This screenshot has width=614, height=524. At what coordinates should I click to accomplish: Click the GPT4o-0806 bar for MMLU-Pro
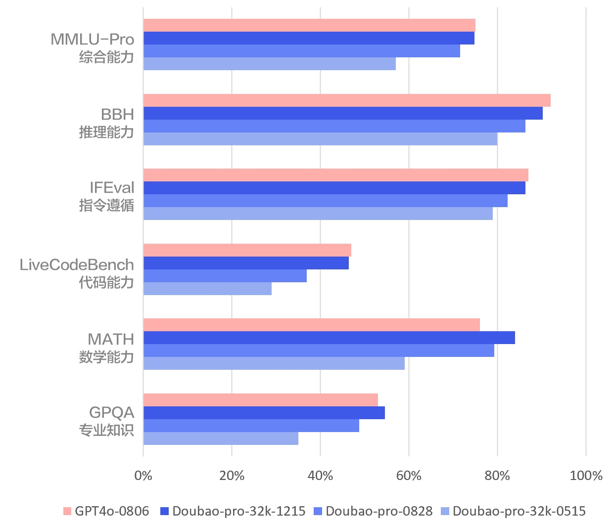click(309, 25)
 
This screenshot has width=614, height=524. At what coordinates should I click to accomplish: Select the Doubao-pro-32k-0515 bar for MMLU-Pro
click(270, 64)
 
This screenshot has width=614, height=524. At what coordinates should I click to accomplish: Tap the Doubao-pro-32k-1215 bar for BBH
click(343, 113)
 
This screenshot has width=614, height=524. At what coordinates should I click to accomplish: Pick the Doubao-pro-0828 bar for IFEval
click(326, 201)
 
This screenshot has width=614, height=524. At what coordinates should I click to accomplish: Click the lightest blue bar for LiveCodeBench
click(207, 289)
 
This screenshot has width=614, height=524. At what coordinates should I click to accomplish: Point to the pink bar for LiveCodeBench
click(247, 250)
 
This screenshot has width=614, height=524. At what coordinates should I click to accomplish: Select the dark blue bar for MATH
click(329, 338)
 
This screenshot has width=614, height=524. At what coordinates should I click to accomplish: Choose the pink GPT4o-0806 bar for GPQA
click(261, 400)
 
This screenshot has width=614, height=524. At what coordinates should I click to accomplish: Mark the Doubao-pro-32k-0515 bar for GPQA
click(221, 438)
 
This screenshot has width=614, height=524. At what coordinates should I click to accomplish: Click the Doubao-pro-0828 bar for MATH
click(319, 350)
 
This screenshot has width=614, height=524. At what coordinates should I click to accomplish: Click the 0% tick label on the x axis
click(143, 476)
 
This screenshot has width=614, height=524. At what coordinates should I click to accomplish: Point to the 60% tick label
click(409, 476)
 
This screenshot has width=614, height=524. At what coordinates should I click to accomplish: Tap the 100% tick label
click(586, 476)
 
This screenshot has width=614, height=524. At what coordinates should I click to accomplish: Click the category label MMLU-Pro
click(92, 40)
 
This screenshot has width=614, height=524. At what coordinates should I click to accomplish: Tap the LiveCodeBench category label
click(77, 265)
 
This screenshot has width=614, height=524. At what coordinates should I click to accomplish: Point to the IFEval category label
click(111, 188)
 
